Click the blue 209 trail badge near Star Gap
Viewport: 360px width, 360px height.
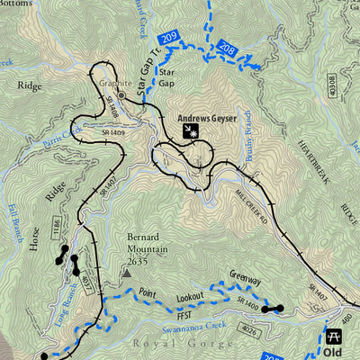pyautogui.click(x=168, y=38)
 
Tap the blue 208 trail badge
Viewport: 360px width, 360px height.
pyautogui.click(x=227, y=50)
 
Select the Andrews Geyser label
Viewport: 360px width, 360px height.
pyautogui.click(x=206, y=117)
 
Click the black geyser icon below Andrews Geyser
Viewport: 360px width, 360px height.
pyautogui.click(x=192, y=132)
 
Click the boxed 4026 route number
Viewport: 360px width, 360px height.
pyautogui.click(x=248, y=333)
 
